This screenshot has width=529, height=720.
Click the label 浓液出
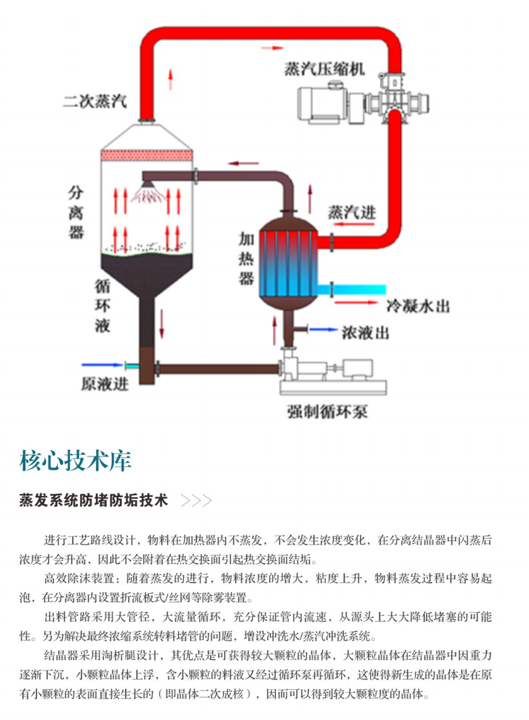365,333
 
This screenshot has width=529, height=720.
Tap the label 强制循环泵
327,410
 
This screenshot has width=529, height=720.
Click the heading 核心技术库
75,459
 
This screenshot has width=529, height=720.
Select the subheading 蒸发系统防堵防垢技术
93,500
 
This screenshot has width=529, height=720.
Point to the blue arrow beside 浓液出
323,330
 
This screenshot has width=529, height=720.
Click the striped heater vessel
288,262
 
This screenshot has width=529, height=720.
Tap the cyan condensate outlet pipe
360,288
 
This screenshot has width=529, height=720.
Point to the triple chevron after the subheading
196,500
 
